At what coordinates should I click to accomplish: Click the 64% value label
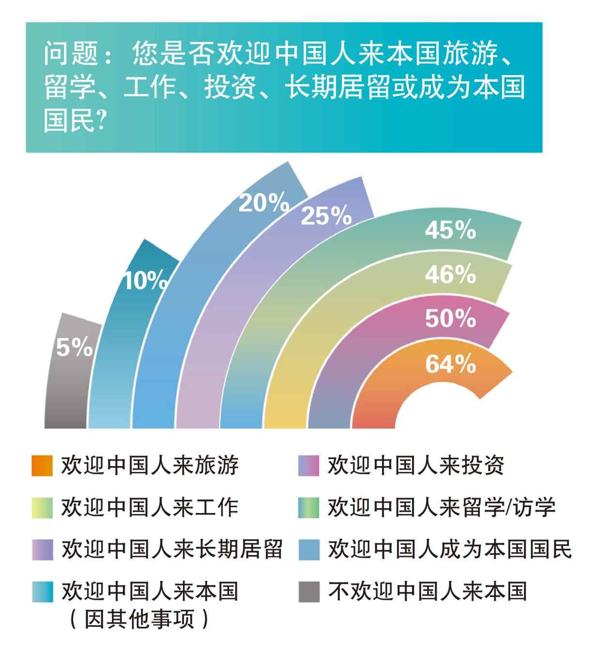(450, 364)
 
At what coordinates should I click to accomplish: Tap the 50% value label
(450, 318)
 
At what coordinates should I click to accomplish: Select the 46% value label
(450, 275)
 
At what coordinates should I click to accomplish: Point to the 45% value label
(450, 231)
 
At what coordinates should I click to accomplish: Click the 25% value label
(326, 216)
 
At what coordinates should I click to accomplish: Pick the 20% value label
(263, 204)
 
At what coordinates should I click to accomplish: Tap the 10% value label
(146, 281)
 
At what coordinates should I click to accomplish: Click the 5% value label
(74, 347)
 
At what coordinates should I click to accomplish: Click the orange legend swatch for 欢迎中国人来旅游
(42, 466)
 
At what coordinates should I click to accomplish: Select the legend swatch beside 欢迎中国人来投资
(309, 466)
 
